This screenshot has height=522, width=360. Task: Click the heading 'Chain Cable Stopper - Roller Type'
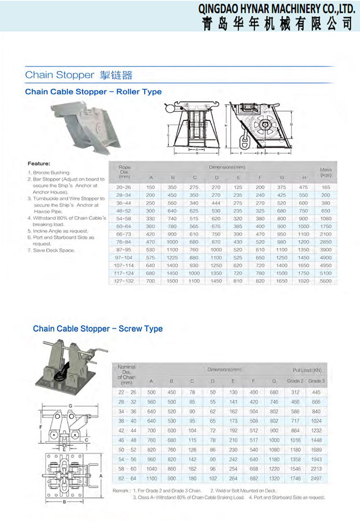coord(93,92)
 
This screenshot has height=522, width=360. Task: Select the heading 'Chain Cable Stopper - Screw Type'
coord(98,329)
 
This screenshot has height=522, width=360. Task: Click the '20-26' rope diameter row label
coord(124,187)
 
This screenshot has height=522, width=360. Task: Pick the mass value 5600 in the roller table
coord(325,281)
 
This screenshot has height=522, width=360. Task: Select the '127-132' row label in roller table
coord(124,281)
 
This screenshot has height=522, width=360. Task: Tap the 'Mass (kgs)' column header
coord(325,172)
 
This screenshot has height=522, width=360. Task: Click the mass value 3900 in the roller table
coord(325,250)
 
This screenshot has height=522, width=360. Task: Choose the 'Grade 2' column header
coord(295,381)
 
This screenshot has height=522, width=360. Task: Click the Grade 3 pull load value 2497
coord(316,479)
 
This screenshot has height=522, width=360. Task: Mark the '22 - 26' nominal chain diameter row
coord(126,392)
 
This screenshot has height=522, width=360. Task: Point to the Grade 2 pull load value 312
coord(295,392)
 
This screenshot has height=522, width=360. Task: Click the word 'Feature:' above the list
coord(39,164)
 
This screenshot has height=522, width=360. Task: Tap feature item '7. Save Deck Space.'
coord(51,250)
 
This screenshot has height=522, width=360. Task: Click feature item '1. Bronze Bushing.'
coord(49,173)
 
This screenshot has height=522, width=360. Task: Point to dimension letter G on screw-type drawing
coord(70,406)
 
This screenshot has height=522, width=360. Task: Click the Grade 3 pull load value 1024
coord(316,421)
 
